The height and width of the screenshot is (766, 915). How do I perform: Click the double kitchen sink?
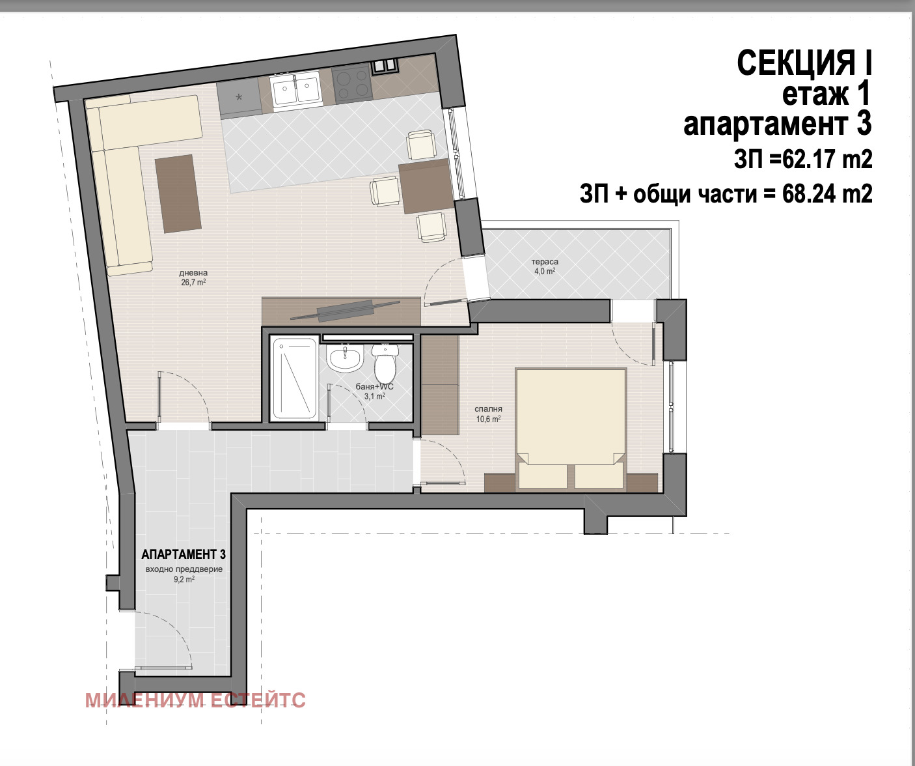click(x=296, y=89)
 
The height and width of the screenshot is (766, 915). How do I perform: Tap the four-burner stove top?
click(x=352, y=84)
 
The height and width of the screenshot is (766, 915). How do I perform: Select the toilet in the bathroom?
click(x=385, y=363)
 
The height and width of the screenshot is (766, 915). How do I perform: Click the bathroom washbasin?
click(x=345, y=358)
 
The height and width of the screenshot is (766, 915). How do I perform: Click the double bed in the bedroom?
click(x=571, y=429)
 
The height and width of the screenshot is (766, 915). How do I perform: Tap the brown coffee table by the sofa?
click(x=178, y=193)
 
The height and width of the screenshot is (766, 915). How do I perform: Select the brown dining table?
click(x=425, y=186)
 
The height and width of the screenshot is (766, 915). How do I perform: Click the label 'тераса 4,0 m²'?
click(x=545, y=267)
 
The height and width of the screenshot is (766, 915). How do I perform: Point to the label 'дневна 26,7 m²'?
click(x=193, y=277)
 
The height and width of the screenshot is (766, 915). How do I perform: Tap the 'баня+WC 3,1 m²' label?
click(x=375, y=391)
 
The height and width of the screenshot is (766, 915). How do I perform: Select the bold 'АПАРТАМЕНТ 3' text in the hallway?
click(x=183, y=554)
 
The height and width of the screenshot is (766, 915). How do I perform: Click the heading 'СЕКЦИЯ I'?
click(x=804, y=63)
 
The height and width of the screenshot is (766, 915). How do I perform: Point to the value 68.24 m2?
click(x=827, y=193)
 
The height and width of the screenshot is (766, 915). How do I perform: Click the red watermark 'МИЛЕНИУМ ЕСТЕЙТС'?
click(x=195, y=700)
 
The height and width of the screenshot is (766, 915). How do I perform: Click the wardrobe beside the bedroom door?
click(x=440, y=385)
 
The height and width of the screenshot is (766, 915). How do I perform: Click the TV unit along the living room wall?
click(x=341, y=311)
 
